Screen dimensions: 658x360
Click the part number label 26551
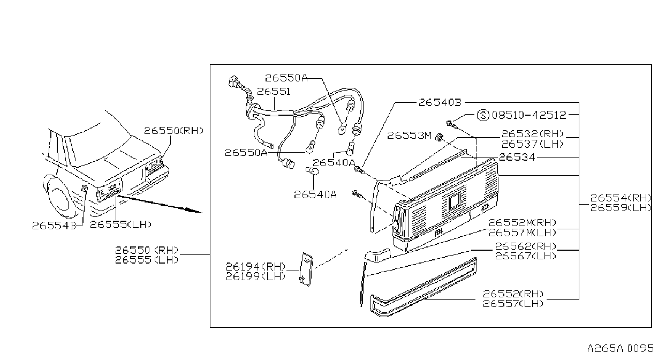274,92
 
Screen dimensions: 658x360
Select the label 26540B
440,102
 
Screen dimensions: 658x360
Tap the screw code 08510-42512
529,115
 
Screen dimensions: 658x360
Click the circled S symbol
483,115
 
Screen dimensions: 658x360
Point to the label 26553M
409,136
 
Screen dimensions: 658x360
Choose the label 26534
517,157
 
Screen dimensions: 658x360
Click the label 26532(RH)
532,134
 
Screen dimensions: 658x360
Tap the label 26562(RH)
526,246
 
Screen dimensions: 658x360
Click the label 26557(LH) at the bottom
513,304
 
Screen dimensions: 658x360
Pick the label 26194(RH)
255,267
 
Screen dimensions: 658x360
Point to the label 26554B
54,226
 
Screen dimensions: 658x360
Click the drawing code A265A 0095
621,349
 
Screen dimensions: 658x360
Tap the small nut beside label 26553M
439,137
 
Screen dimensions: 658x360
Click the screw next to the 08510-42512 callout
451,124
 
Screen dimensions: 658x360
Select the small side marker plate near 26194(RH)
306,269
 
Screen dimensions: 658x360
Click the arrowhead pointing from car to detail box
194,211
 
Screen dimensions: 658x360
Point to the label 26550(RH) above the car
173,131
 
